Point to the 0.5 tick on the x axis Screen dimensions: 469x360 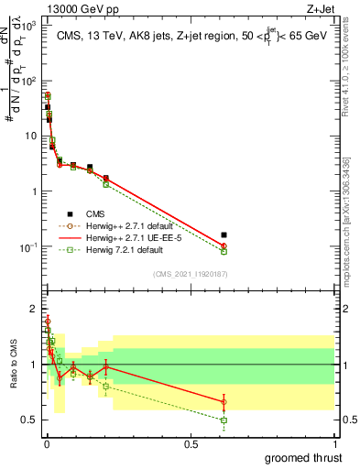191,443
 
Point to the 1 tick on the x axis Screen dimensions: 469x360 335,443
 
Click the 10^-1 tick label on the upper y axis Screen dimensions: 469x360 27,247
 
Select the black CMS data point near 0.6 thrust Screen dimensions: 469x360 224,235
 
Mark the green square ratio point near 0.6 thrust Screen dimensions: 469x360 224,420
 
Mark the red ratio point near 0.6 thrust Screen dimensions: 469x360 224,401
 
